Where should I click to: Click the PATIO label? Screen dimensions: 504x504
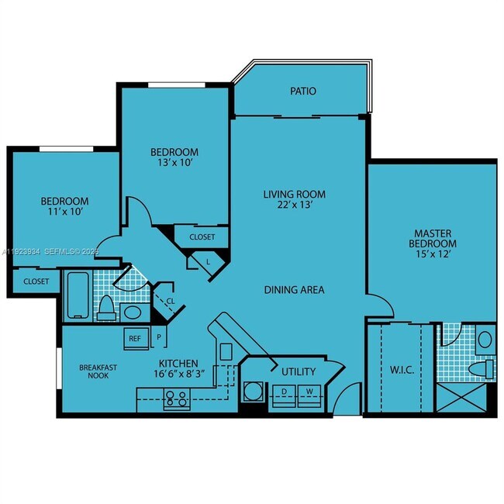point(303,91)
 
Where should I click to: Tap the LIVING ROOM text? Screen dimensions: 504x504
point(294,195)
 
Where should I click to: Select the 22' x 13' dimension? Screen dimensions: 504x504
point(294,206)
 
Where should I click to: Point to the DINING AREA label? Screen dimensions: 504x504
point(294,290)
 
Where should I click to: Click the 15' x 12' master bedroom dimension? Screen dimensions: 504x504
point(433,256)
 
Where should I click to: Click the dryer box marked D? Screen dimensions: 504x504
point(285,392)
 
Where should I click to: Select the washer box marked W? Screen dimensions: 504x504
point(309,392)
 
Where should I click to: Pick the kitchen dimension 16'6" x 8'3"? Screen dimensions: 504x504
point(179,374)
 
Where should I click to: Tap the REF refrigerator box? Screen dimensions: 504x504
point(135,339)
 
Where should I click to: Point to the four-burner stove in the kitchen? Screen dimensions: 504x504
point(176,399)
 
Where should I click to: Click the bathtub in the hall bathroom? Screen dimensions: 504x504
point(78,295)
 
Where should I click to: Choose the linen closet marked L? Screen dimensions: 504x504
point(209,262)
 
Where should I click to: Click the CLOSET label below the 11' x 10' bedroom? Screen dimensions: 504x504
point(36,281)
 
